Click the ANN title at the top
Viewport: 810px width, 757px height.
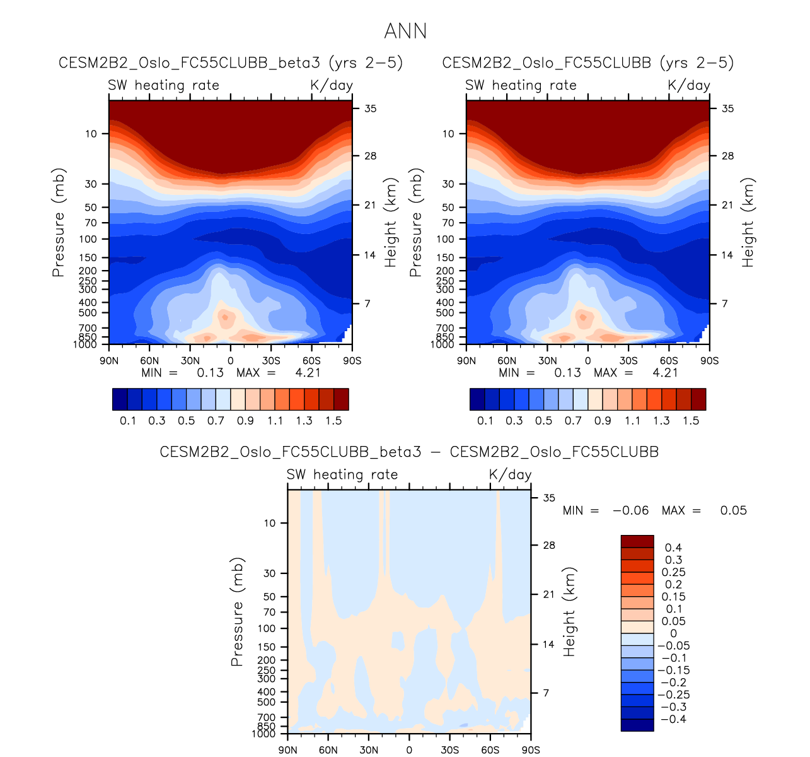405,31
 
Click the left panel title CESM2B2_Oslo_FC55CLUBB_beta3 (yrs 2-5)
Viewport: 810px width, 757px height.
231,63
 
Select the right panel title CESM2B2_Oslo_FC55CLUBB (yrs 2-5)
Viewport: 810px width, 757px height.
588,63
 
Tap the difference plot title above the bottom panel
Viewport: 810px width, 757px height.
409,452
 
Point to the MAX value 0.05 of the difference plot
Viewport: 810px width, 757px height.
733,510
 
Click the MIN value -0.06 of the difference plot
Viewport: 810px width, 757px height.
630,510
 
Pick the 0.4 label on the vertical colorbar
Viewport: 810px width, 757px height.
673,548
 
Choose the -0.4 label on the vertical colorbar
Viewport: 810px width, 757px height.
673,719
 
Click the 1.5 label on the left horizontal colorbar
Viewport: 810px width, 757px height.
333,421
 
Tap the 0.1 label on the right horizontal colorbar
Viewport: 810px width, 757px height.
485,421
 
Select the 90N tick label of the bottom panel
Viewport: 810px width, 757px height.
288,749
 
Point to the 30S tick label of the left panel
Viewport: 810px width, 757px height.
271,360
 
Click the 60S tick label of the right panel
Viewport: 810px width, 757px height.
669,360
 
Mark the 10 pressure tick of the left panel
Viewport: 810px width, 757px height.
91,134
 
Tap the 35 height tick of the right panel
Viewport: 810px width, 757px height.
727,109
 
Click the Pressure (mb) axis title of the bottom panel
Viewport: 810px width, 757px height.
237,612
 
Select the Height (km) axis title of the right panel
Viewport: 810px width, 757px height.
748,222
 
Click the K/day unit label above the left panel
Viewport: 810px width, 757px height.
332,85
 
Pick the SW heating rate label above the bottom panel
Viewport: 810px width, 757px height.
342,474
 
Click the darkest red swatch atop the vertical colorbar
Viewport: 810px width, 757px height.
637,541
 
